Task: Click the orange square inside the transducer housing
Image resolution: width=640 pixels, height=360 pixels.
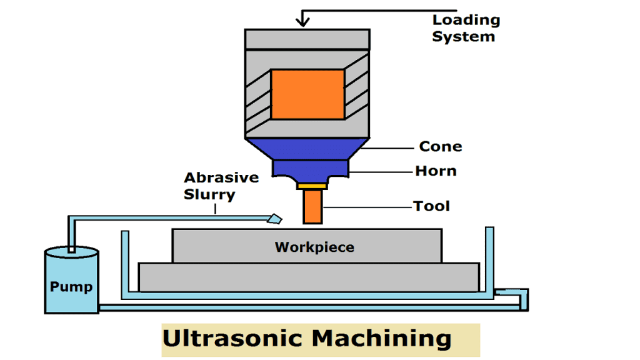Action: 307,94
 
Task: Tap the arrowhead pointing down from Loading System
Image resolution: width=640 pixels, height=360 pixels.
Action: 303,21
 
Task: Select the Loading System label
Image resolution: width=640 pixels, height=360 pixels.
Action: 466,28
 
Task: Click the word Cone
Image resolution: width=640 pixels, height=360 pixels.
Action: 441,147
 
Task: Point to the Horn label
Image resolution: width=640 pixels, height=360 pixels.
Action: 436,171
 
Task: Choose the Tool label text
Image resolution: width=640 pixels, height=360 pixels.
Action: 431,206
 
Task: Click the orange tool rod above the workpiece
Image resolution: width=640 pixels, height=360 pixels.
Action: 312,207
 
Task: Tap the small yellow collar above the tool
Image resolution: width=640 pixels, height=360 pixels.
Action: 312,186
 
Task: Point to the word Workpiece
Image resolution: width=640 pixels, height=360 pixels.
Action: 314,247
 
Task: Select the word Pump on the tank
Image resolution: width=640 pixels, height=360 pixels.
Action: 71,287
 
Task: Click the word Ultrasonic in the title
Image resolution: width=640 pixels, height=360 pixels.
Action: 236,339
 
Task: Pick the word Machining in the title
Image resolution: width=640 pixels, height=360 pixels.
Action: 382,339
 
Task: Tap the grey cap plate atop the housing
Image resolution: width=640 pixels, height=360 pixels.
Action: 307,39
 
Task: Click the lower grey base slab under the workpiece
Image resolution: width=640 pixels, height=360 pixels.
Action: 309,277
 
